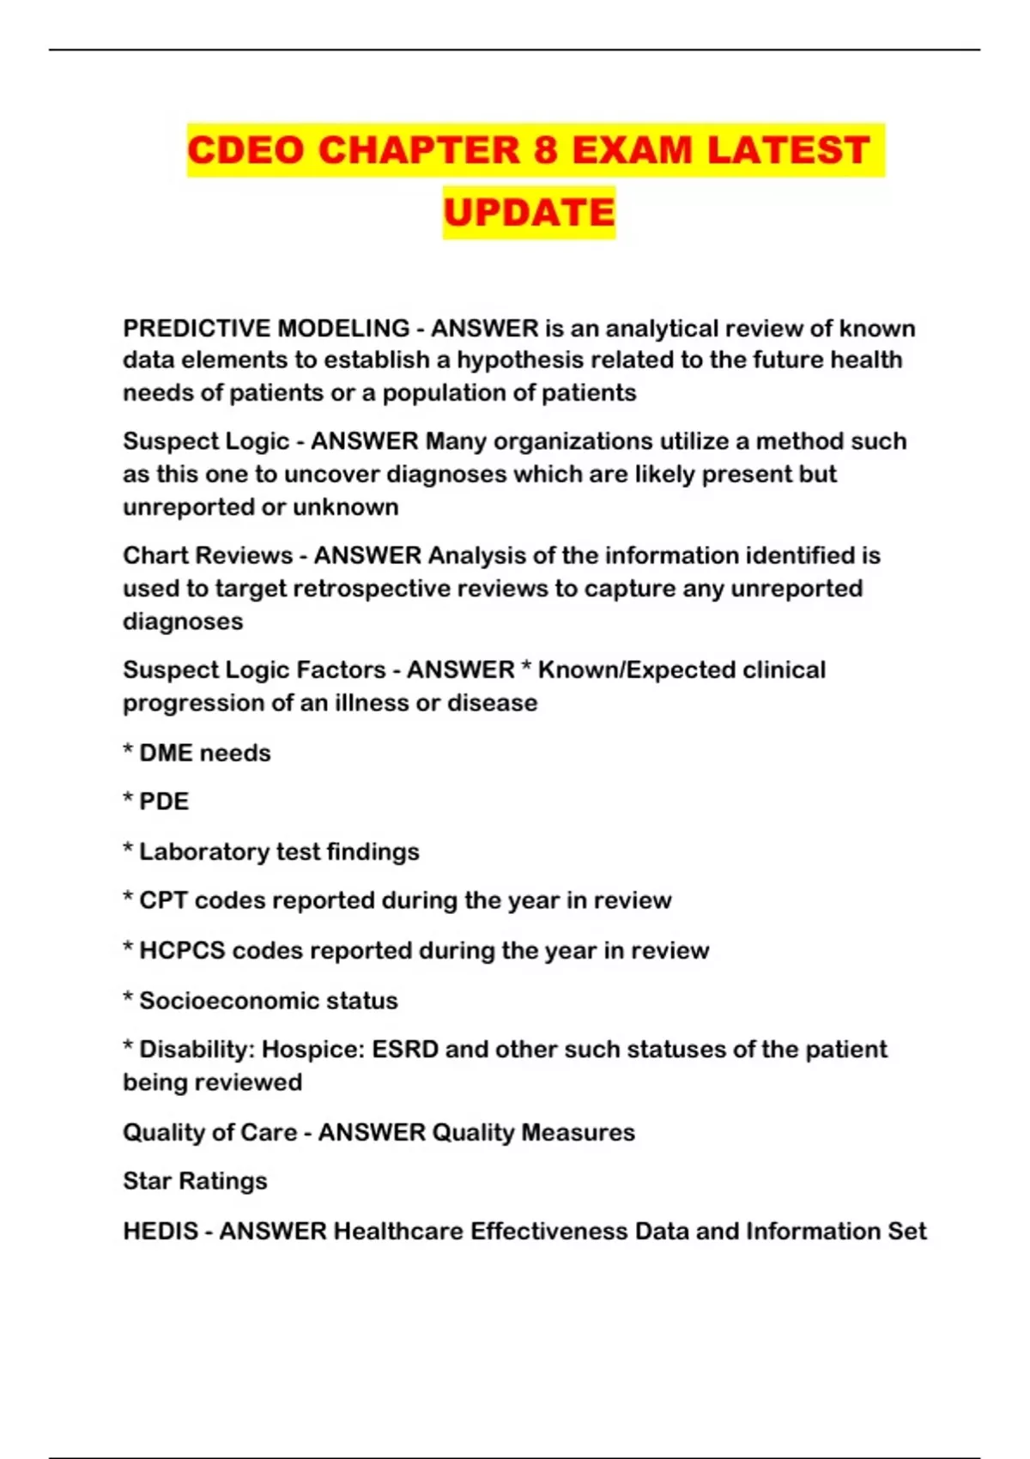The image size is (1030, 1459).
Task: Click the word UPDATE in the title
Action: pyautogui.click(x=529, y=213)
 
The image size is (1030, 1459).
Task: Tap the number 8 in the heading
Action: pyautogui.click(x=545, y=150)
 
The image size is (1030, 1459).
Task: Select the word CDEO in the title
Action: pyautogui.click(x=245, y=150)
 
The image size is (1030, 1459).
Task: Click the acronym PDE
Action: pyautogui.click(x=164, y=802)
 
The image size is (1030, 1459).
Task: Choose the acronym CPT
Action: pyautogui.click(x=163, y=900)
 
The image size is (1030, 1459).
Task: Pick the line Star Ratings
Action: pyautogui.click(x=195, y=1182)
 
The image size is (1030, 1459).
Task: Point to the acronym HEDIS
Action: pyautogui.click(x=161, y=1232)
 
